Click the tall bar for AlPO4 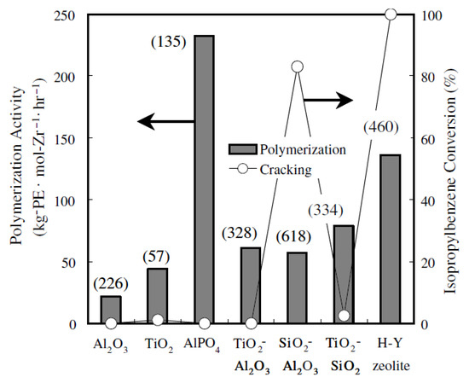pyautogui.click(x=204, y=179)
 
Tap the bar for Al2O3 pyautogui.click(x=111, y=310)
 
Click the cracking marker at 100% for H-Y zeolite pyautogui.click(x=391, y=14)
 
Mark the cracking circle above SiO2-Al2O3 pyautogui.click(x=298, y=67)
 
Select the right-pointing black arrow pyautogui.click(x=327, y=101)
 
